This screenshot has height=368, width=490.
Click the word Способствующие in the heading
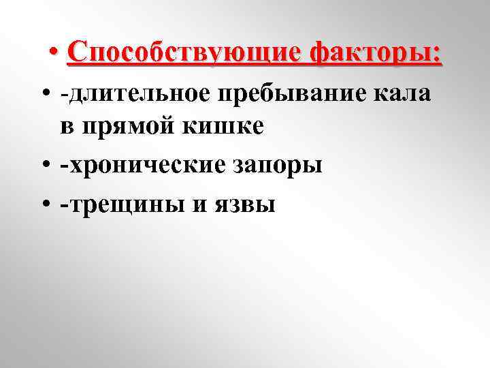pyautogui.click(x=184, y=52)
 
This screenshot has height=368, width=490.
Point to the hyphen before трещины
pyautogui.click(x=64, y=204)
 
